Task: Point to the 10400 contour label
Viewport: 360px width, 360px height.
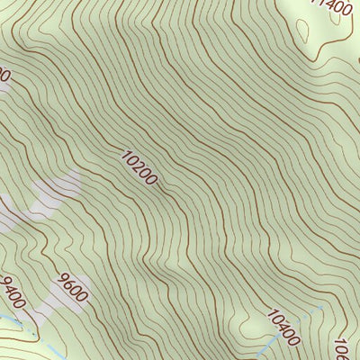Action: [x=283, y=329]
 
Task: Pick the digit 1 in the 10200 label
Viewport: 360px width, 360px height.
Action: [x=125, y=154]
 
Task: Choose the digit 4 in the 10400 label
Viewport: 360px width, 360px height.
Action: [x=283, y=329]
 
